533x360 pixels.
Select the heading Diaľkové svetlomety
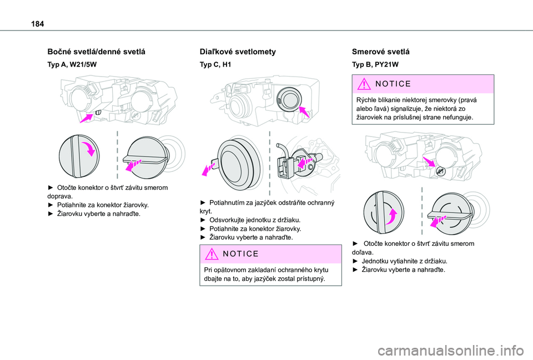tap(238, 51)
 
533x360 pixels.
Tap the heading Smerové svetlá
tap(380, 51)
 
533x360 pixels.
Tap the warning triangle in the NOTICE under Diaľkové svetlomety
tap(212, 254)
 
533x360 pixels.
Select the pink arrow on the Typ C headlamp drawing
tap(304, 113)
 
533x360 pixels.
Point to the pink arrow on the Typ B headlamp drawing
tap(429, 162)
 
